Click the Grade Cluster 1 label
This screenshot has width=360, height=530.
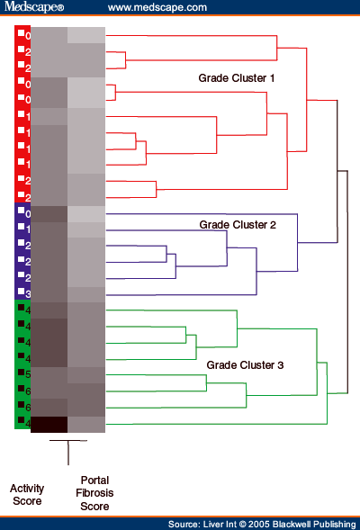[237, 78]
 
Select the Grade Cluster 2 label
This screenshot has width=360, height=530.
[238, 225]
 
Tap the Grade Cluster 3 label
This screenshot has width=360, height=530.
[245, 365]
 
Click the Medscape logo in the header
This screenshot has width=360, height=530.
[34, 7]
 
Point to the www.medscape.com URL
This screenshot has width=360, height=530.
[157, 7]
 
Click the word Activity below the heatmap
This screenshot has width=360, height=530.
[27, 489]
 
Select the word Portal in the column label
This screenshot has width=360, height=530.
[94, 481]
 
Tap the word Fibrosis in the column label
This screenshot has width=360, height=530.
[94, 493]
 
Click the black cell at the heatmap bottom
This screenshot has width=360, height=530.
[49, 425]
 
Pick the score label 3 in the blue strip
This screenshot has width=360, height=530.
[28, 294]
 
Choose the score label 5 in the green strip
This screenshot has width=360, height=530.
[28, 374]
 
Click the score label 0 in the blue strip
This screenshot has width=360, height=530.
[28, 214]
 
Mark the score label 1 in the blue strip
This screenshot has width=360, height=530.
[28, 229]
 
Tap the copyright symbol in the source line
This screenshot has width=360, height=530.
[243, 525]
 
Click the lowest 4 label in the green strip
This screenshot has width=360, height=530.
[28, 423]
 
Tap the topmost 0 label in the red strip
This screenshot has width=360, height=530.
[28, 36]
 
